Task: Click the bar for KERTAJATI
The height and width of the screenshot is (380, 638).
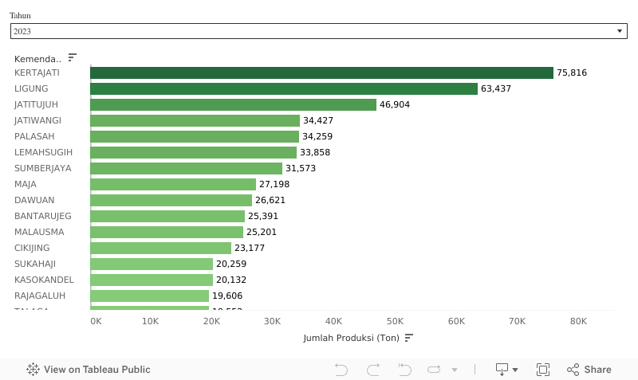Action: (x=321, y=72)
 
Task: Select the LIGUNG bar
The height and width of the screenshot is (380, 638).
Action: (x=284, y=88)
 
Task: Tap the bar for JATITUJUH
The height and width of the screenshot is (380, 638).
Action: (x=233, y=104)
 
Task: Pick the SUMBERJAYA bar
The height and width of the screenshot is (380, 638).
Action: (x=186, y=168)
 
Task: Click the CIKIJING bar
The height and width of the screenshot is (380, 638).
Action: (x=160, y=248)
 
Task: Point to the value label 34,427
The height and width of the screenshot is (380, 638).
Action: (x=318, y=120)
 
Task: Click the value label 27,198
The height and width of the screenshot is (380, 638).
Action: (x=274, y=184)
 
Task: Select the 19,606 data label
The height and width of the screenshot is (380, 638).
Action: (x=227, y=296)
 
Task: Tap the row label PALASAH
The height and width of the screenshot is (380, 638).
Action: (x=34, y=136)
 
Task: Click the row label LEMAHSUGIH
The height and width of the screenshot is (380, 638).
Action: (x=44, y=152)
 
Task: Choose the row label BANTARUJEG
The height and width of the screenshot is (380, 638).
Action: (x=43, y=216)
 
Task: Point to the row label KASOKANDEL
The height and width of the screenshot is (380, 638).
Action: (x=44, y=280)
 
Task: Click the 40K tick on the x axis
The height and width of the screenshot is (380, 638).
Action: (x=334, y=321)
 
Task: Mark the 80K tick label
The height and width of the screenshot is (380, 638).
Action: (x=578, y=321)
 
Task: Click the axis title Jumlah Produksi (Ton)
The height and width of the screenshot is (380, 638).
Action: (x=351, y=338)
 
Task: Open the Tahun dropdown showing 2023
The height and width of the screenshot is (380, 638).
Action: (x=318, y=31)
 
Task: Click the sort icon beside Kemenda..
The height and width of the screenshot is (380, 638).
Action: (x=73, y=57)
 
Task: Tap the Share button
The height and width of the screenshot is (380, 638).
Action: (x=589, y=370)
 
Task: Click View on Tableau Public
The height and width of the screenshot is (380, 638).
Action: (x=89, y=370)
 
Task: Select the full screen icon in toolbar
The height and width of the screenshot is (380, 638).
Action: (x=543, y=370)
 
